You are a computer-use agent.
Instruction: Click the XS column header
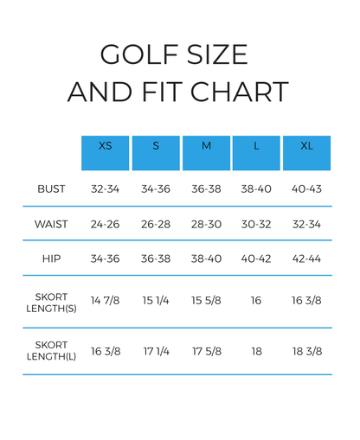pos(105,153)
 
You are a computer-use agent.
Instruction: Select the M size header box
pos(206,153)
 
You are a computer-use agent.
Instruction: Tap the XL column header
pos(306,153)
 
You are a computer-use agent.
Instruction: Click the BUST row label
pos(51,189)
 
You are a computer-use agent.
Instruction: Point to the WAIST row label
pos(51,224)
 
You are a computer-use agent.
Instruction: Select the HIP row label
pos(51,258)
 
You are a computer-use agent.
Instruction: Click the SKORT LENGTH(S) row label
pos(51,303)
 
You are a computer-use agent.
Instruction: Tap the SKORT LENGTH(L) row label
pos(51,351)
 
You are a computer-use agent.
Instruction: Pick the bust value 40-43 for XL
pos(306,189)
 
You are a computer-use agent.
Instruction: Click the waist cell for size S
pos(156,224)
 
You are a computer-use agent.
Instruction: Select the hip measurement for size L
pos(256,258)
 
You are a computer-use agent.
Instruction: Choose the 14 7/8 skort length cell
pos(105,301)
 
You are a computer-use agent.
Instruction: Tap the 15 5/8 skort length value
pos(206,301)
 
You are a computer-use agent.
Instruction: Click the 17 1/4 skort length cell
pos(156,351)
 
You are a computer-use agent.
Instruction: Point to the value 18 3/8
pos(307,351)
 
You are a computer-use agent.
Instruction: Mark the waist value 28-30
pos(206,224)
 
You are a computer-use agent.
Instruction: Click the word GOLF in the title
pos(139,54)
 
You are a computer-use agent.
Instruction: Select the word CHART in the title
pos(240,92)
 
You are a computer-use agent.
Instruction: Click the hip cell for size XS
pos(105,258)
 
